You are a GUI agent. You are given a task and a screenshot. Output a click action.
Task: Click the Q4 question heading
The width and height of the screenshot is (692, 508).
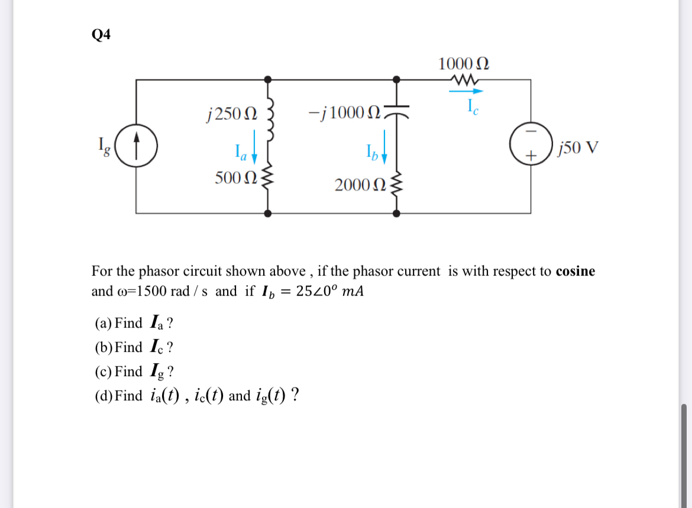[101, 35]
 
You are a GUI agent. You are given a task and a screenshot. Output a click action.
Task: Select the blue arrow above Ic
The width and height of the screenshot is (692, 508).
[466, 91]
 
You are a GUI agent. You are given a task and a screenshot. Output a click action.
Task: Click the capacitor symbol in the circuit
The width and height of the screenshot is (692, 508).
[397, 112]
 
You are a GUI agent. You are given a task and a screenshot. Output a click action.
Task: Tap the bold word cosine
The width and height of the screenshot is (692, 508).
[575, 271]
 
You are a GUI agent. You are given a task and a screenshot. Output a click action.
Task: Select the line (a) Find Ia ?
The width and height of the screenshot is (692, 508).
[134, 323]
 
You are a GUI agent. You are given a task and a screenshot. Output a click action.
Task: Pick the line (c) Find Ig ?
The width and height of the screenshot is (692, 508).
[134, 371]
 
